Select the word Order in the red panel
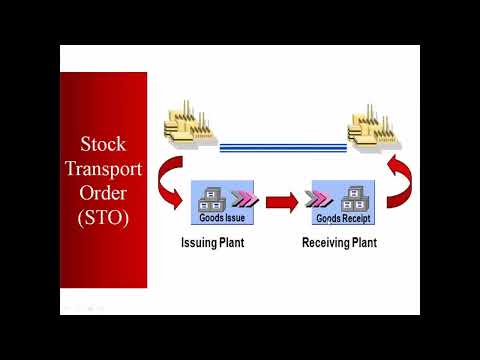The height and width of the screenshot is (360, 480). tap(104, 193)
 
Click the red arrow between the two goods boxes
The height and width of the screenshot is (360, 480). tap(284, 204)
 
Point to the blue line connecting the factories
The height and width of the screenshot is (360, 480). tap(282, 148)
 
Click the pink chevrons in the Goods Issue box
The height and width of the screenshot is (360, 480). tap(243, 194)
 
